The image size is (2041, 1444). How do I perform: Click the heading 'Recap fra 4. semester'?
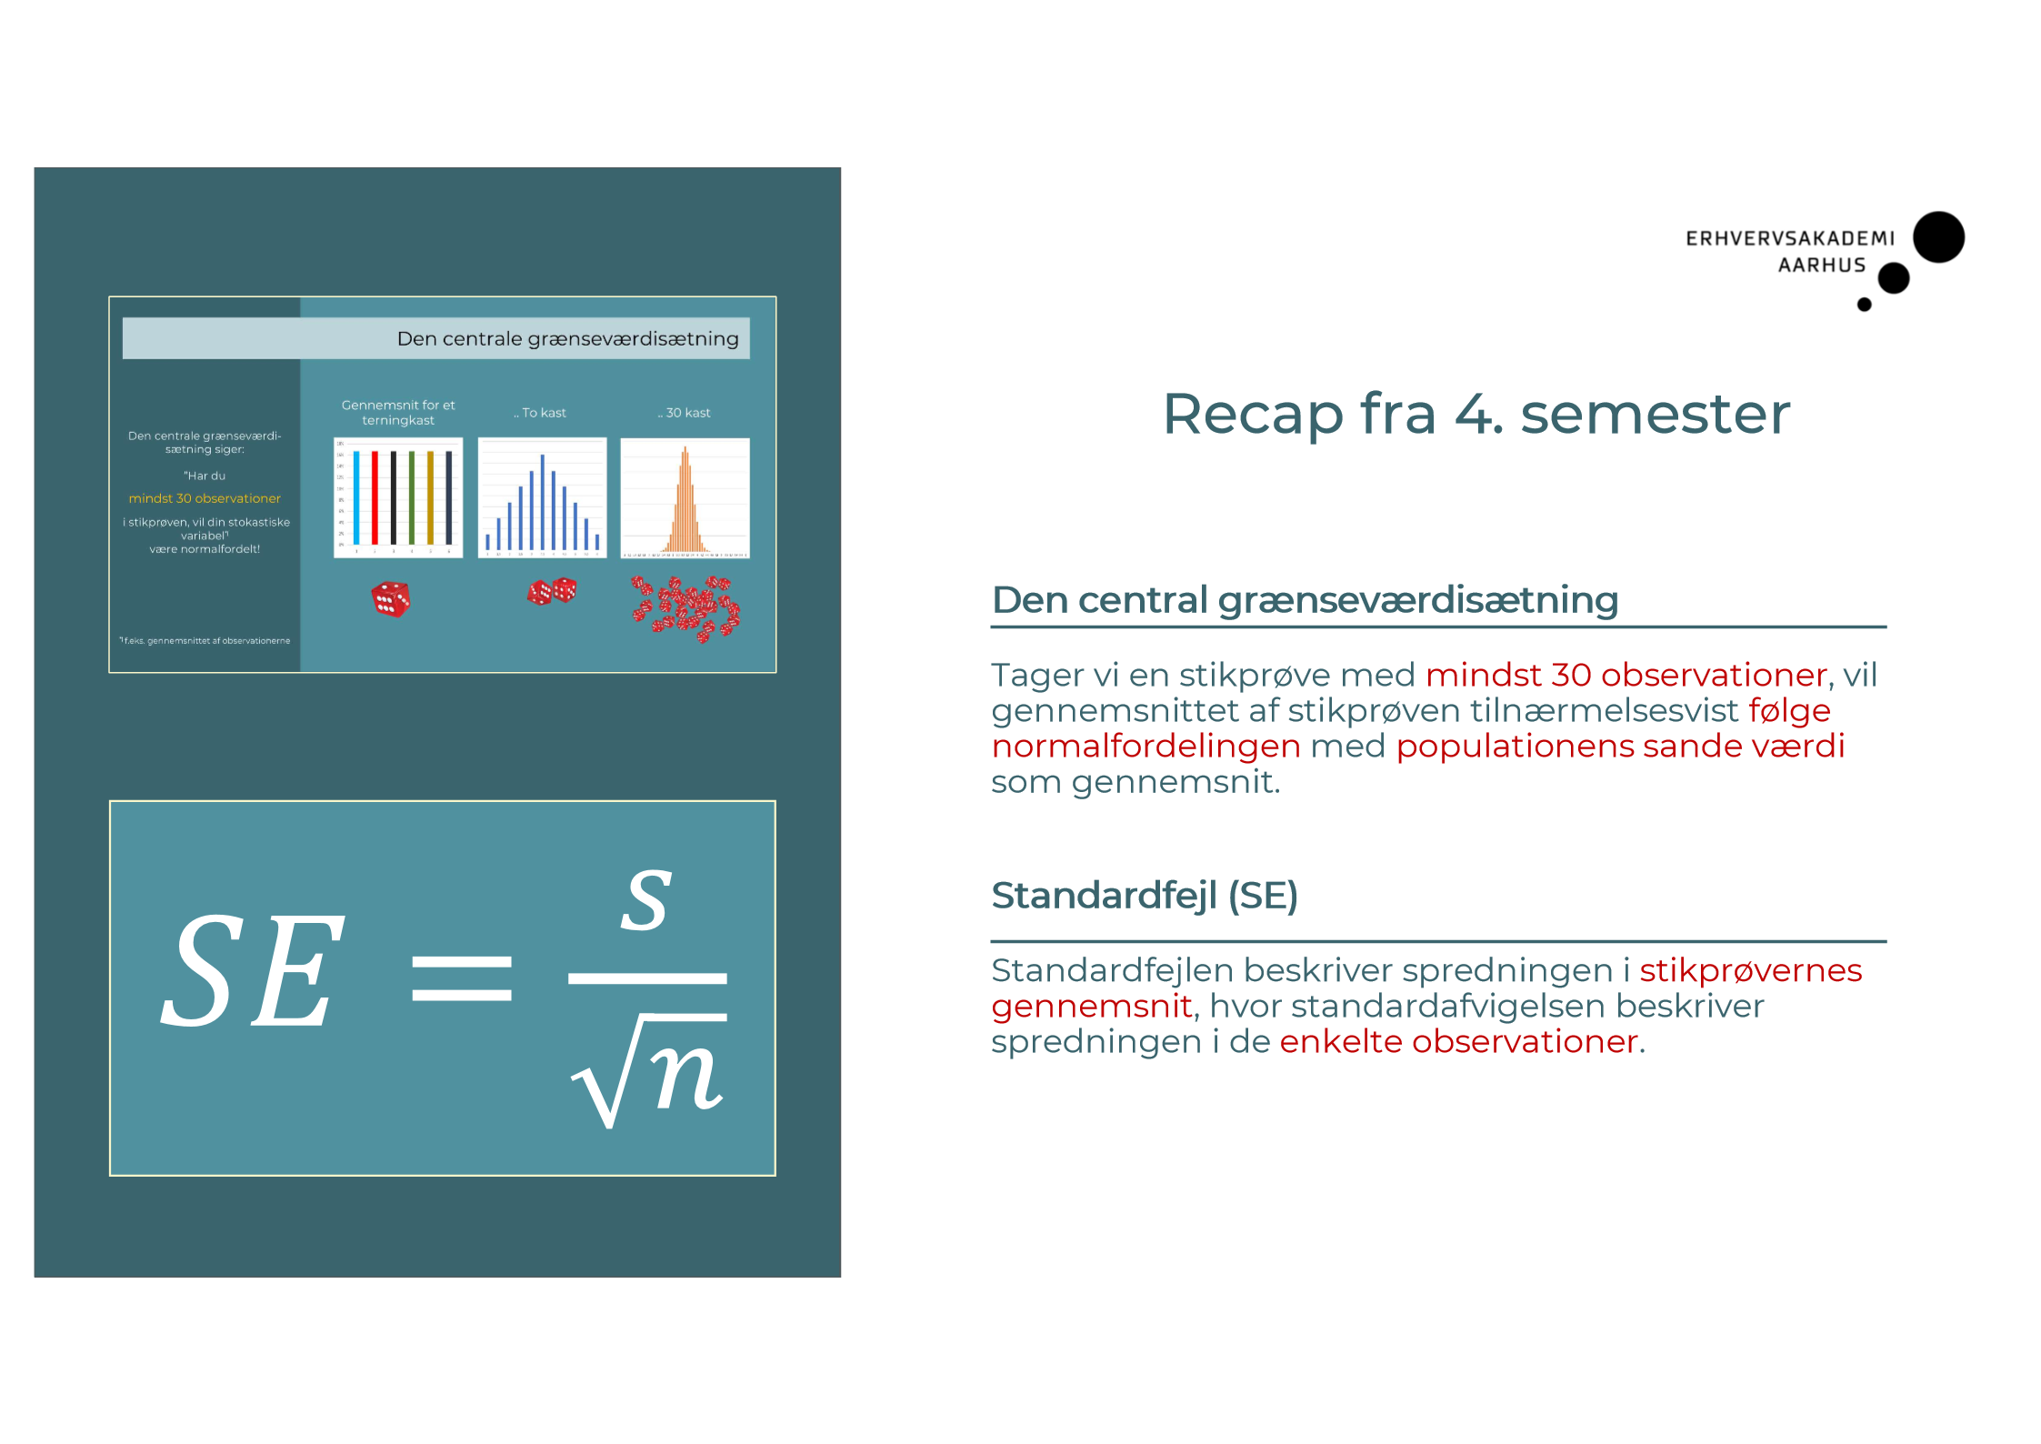click(x=1476, y=415)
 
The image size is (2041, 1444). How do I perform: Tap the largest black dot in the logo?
click(x=1937, y=237)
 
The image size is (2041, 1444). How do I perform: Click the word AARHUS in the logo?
click(x=1821, y=266)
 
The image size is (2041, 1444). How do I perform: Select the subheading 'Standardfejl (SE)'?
click(x=1144, y=896)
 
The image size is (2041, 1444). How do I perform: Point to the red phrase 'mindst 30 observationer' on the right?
click(x=1626, y=676)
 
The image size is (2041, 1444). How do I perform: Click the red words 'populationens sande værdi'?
click(x=1620, y=747)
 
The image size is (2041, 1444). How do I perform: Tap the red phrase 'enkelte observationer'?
click(x=1458, y=1042)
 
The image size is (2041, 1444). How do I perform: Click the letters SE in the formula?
click(x=253, y=971)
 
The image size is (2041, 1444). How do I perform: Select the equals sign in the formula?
click(x=461, y=978)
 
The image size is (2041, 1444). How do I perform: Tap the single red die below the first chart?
click(x=391, y=599)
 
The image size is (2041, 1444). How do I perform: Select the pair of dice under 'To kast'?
click(x=552, y=592)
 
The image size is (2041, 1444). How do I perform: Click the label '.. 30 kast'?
click(x=685, y=413)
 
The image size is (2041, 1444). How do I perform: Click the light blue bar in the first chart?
click(x=356, y=497)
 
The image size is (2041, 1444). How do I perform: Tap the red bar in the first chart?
click(x=375, y=497)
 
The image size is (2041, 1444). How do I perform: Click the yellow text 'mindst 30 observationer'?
click(x=205, y=498)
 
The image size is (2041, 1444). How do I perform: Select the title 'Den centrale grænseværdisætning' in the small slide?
click(x=567, y=339)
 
